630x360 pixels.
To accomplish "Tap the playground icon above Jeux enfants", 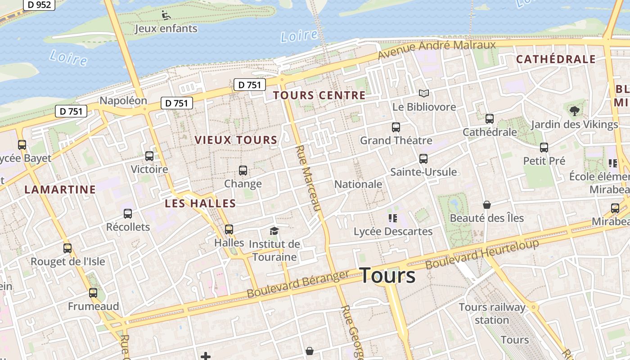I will [x=166, y=15].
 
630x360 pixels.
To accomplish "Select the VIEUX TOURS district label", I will [x=236, y=140].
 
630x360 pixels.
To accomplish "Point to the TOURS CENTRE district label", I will [x=319, y=95].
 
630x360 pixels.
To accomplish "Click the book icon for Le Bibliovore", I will [x=423, y=94].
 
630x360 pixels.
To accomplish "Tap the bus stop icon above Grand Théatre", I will [x=396, y=127].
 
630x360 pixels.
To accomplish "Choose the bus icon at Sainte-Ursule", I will [x=423, y=159].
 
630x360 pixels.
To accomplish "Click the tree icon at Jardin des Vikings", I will [x=574, y=111].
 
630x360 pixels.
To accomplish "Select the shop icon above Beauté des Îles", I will [x=486, y=205].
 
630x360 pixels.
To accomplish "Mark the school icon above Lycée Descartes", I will [x=392, y=218].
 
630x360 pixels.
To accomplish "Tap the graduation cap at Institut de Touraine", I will [x=274, y=231].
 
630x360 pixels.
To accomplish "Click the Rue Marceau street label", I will [x=308, y=178].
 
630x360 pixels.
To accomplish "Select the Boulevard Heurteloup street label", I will [x=482, y=255].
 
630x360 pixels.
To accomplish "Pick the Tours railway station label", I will [x=492, y=314].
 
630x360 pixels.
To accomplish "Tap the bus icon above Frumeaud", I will [x=93, y=293].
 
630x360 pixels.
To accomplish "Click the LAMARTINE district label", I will [x=60, y=189].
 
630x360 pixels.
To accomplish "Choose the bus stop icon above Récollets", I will [x=128, y=214].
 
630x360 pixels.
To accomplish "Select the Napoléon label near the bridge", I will [x=123, y=100].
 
